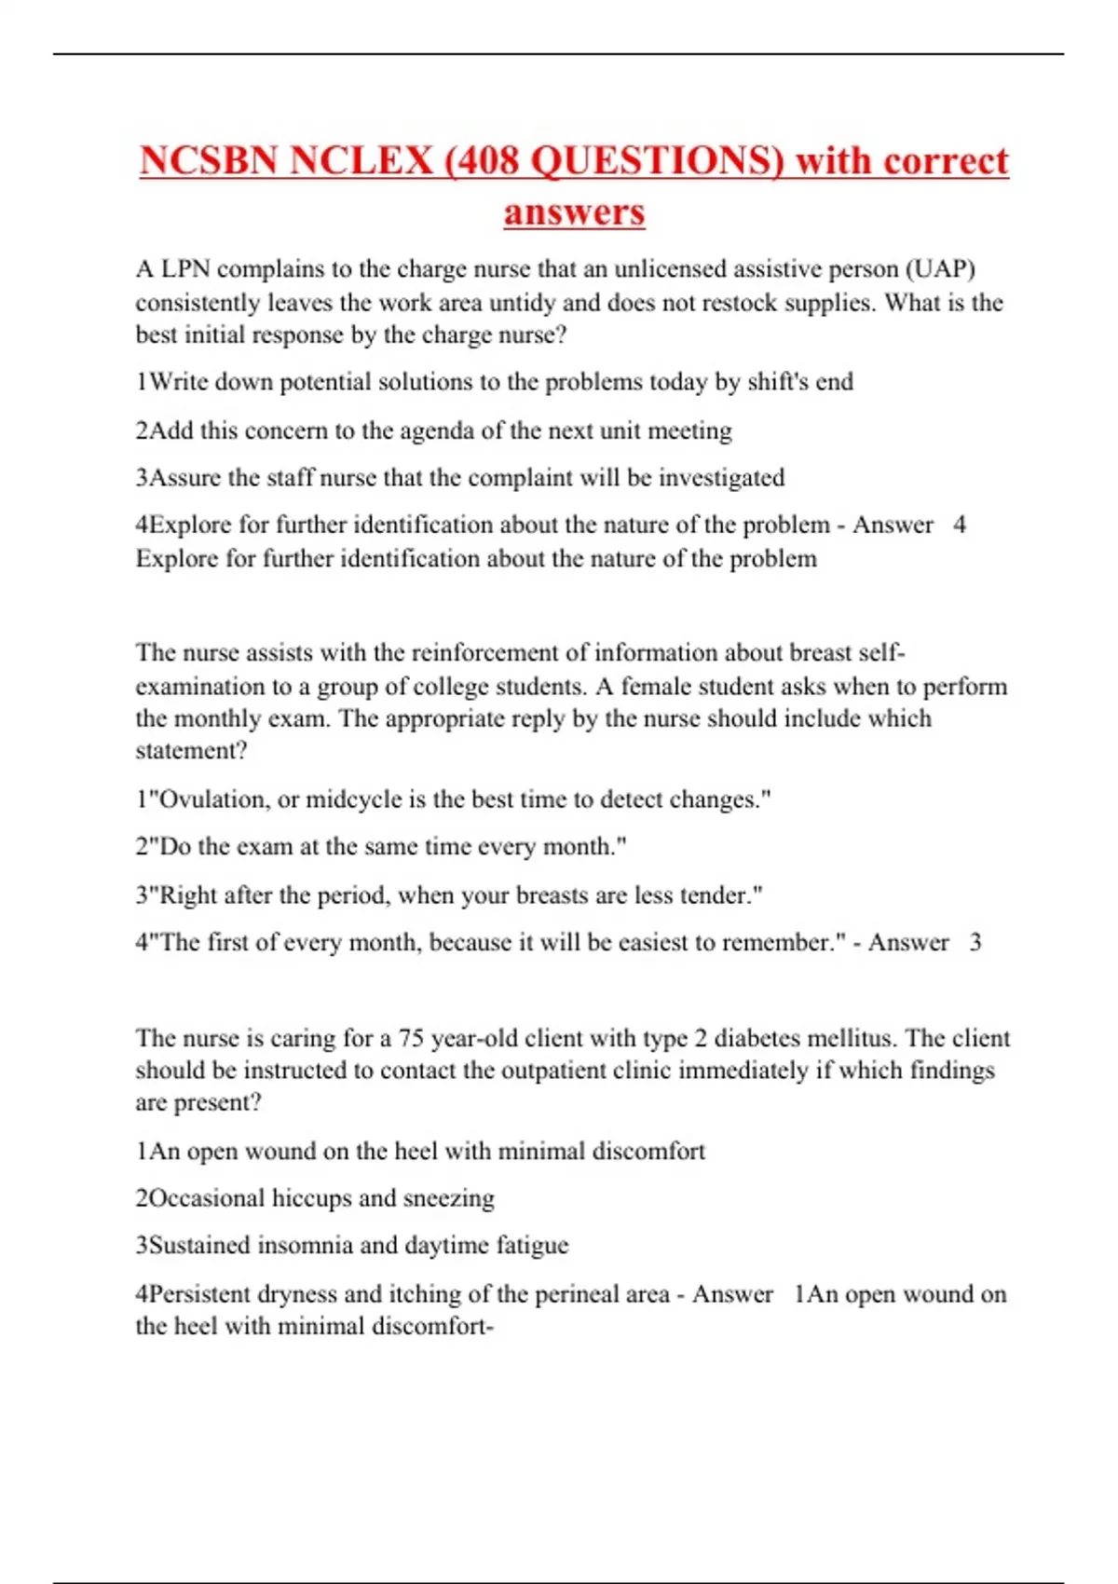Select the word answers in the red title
click(x=574, y=212)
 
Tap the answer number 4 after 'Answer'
click(x=960, y=525)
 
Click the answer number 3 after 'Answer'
click(x=975, y=942)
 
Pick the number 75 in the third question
click(x=411, y=1038)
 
